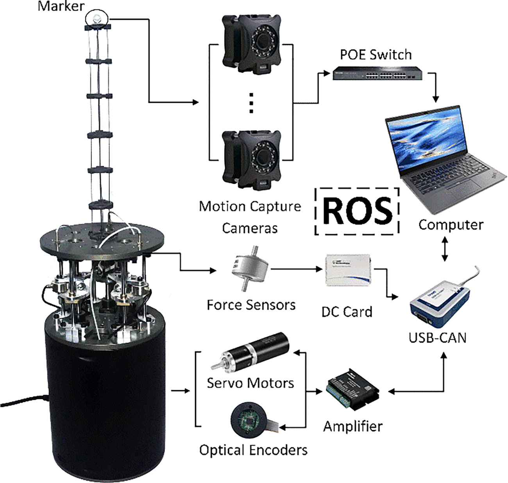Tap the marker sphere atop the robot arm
pyautogui.click(x=97, y=18)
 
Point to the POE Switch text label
pyautogui.click(x=376, y=54)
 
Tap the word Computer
pyautogui.click(x=451, y=225)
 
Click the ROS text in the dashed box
pyautogui.click(x=357, y=211)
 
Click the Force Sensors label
pyautogui.click(x=251, y=305)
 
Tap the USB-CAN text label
pyautogui.click(x=437, y=337)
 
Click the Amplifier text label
pyautogui.click(x=352, y=426)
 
